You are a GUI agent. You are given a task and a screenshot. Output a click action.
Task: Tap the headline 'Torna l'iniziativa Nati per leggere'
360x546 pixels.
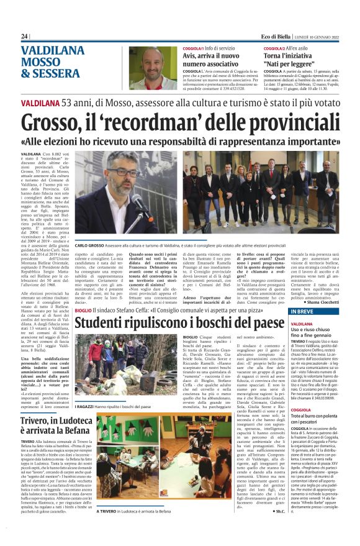click(294, 60)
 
